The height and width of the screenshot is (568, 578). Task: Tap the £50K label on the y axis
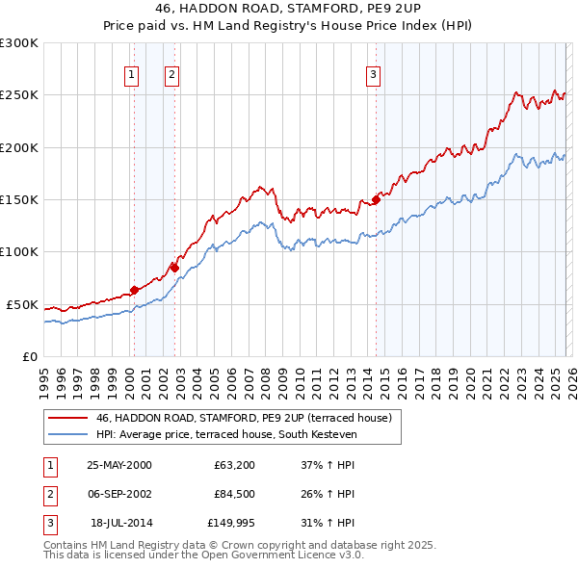23,304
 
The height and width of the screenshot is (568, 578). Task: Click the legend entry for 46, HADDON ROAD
243,419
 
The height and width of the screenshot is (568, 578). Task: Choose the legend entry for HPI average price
226,435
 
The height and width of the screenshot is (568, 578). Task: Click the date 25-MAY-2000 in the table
118,464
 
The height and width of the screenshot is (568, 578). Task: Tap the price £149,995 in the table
232,524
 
